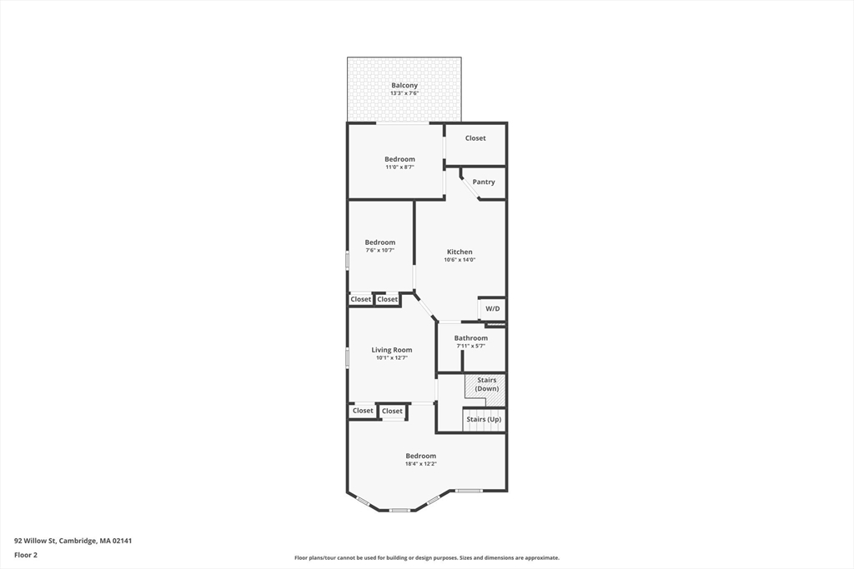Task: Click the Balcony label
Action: [x=404, y=85]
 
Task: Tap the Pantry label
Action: [x=484, y=182]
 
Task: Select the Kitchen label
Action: [x=460, y=252]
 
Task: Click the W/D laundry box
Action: [x=492, y=308]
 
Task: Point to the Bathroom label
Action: [x=471, y=337]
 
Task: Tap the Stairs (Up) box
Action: [x=484, y=419]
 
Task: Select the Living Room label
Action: [x=392, y=350]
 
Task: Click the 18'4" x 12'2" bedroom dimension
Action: [x=420, y=464]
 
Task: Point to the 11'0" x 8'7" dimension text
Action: [x=399, y=167]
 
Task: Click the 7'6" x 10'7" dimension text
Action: [x=379, y=250]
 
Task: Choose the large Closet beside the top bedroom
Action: [x=475, y=138]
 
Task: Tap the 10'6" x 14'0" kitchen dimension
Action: [x=460, y=260]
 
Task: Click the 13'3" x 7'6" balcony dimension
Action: [x=404, y=93]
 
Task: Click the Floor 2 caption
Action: [x=27, y=554]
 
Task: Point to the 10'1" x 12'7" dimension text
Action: [x=392, y=358]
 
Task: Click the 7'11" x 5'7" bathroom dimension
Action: [x=471, y=346]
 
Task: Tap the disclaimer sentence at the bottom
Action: [x=426, y=558]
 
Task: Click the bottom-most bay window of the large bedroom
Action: [x=399, y=510]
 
